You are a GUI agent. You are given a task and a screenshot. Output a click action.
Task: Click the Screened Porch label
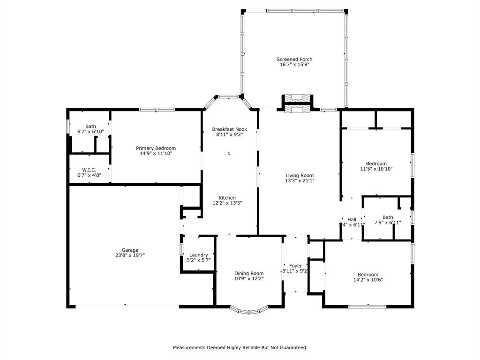coord(294,59)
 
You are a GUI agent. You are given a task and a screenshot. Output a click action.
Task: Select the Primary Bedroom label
coord(156,148)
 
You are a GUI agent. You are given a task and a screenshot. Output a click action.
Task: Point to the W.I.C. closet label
coord(89,170)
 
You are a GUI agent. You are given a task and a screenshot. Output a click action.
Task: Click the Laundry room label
coord(198,255)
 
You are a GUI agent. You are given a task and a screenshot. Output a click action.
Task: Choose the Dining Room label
coord(249,273)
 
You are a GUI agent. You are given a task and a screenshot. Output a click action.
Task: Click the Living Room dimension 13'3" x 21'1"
coord(300,180)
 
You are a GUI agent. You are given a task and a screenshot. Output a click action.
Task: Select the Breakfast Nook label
coord(229,129)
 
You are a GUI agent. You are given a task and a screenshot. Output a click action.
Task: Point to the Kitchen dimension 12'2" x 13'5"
coord(227,203)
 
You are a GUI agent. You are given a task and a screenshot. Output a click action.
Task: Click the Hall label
coord(352,219)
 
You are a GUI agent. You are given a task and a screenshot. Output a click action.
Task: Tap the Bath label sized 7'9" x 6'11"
coord(388,217)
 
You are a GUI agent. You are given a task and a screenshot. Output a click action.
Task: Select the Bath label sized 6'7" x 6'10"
coord(90,126)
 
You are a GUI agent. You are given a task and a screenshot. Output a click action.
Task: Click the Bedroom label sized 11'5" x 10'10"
coord(376,164)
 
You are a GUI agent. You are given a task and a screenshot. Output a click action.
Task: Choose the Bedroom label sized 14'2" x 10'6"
coord(368,275)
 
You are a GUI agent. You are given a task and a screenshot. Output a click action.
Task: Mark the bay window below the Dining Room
coord(249,310)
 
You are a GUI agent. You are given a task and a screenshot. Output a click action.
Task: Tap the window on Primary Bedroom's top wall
coord(157,110)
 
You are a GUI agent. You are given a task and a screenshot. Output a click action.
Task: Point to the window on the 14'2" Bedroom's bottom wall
coord(367,307)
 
